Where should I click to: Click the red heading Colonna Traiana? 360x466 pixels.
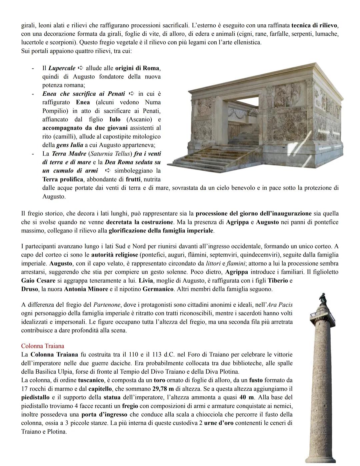click(42, 346)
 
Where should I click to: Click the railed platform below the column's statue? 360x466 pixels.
click(322, 315)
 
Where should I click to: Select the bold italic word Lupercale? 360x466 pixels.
click(62, 68)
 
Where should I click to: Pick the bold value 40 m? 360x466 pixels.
click(247, 397)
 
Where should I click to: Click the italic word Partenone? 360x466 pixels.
click(107, 305)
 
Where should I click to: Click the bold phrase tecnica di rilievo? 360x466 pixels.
click(314, 25)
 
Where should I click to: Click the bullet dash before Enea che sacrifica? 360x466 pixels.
click(33, 94)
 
